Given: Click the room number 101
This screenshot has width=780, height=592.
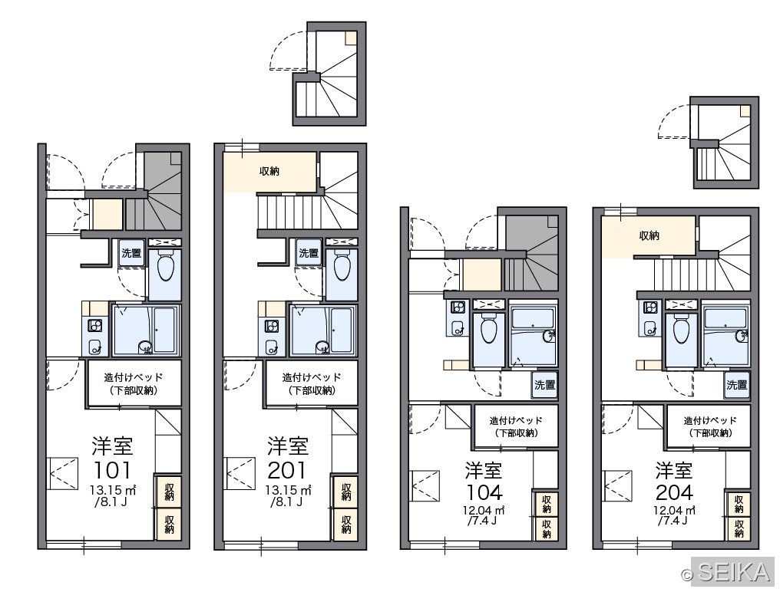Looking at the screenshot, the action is [112, 470].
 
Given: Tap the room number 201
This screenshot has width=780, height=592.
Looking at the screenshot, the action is [288, 470].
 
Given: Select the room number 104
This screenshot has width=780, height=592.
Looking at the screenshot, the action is [484, 492].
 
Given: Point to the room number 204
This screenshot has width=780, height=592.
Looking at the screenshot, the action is [674, 492].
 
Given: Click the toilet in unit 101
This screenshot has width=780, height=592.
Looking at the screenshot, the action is [165, 268].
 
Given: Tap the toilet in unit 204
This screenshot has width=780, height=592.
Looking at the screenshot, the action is [680, 330].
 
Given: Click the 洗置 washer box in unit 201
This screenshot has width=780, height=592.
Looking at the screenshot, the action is [309, 253].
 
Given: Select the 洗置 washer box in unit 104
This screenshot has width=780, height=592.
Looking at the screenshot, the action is [544, 384].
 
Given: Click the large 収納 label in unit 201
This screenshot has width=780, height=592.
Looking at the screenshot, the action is [269, 172].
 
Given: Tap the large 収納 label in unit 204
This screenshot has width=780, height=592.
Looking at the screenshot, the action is [649, 235].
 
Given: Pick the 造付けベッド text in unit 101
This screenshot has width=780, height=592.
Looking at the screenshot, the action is [134, 377].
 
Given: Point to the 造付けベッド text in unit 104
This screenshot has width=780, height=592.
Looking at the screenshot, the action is [516, 420].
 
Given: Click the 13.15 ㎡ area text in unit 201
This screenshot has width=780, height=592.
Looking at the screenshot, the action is [288, 490].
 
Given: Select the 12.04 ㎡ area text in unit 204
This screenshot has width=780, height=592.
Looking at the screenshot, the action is [674, 509].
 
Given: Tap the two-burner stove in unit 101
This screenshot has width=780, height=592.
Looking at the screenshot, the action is [94, 326].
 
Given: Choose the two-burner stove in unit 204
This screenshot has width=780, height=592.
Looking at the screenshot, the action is [649, 308].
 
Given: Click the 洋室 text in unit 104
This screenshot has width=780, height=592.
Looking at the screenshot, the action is [484, 470].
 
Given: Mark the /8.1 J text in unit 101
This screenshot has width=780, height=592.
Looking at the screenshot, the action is [111, 502].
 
